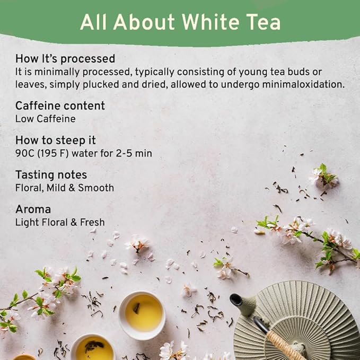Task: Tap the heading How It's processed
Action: [65, 58]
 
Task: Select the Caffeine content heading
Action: [60, 106]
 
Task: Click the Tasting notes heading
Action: [51, 175]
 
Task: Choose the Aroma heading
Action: [33, 209]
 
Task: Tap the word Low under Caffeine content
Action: [24, 119]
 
